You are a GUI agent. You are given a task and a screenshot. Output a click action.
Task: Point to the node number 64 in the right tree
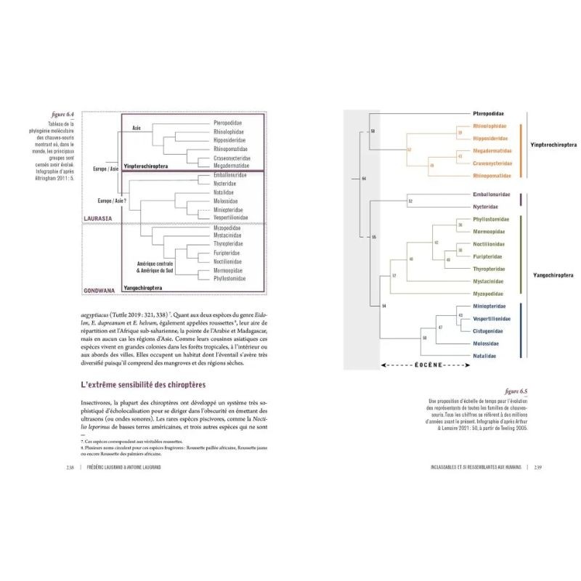pos(365,179)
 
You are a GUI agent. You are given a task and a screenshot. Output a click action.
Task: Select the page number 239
pos(538,466)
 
